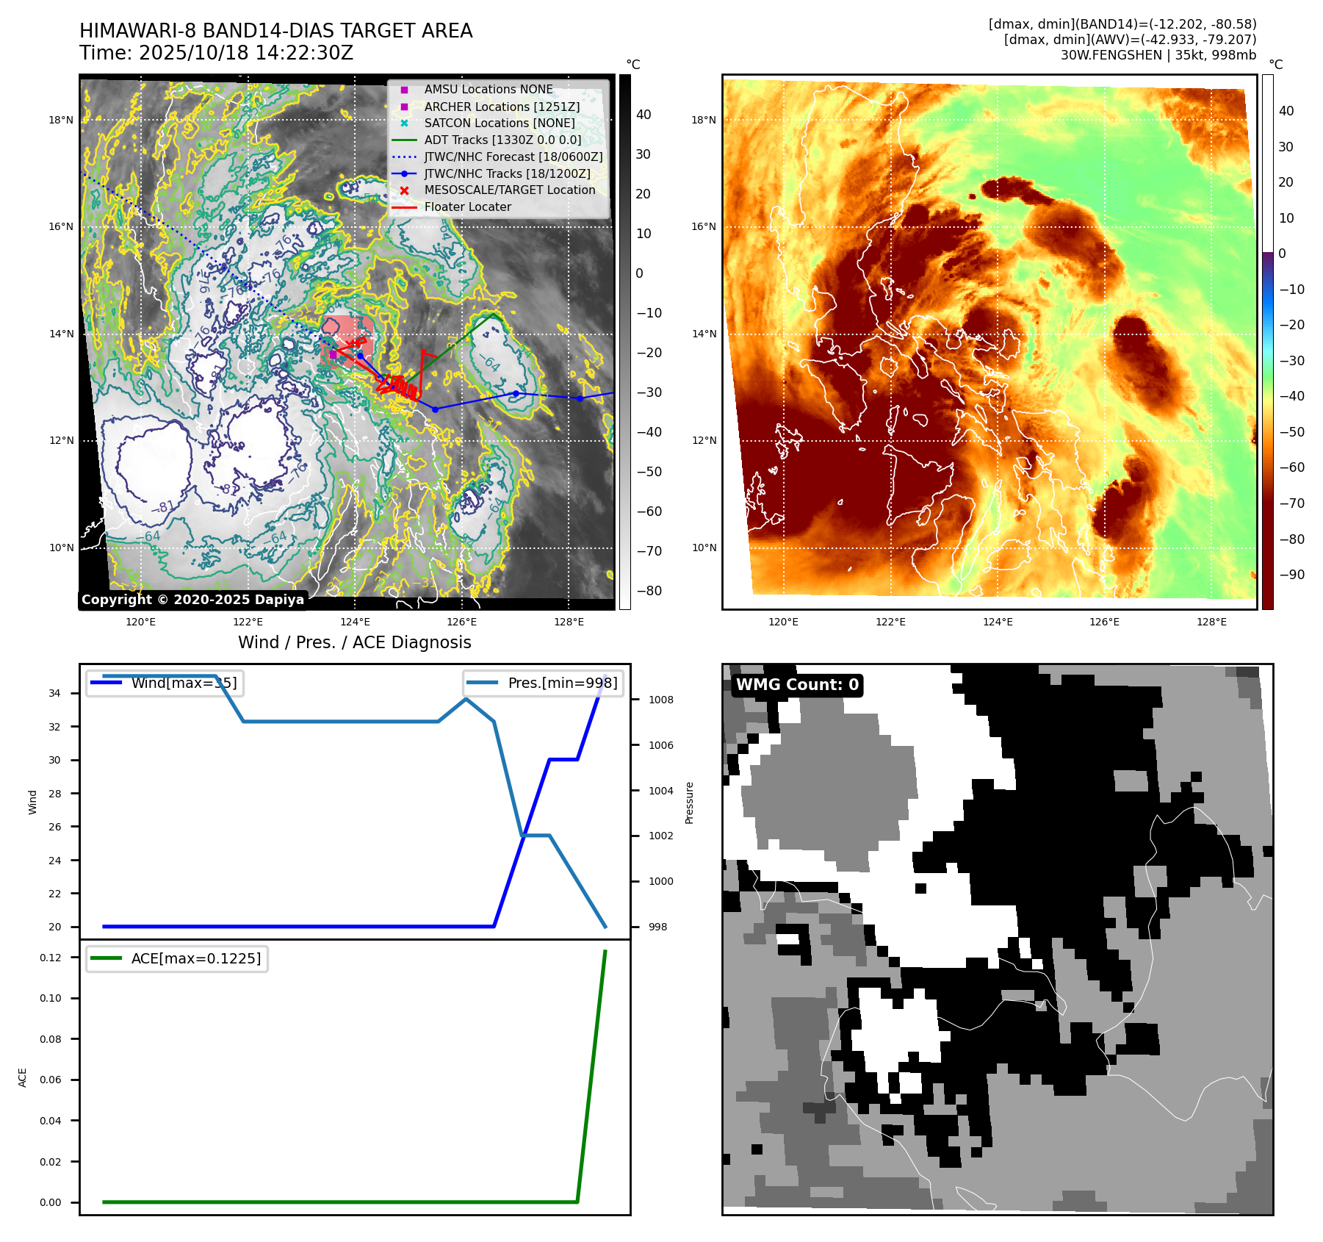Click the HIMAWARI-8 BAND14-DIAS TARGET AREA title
[275, 31]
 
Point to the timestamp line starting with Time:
[216, 53]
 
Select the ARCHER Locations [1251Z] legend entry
[502, 107]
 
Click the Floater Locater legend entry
[467, 207]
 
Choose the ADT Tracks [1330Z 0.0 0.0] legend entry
[502, 140]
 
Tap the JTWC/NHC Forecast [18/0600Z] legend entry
[513, 157]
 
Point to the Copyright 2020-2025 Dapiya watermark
[192, 600]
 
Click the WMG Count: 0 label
[797, 685]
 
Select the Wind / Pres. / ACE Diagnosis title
[354, 642]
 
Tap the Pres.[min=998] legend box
[544, 683]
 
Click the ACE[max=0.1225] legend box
[177, 958]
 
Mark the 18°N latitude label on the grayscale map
[61, 120]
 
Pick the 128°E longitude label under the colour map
[1211, 622]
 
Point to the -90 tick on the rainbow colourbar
[1291, 575]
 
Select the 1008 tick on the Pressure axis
[660, 700]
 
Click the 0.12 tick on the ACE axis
[51, 958]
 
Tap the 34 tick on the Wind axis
[55, 693]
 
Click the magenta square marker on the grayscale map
[333, 354]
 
